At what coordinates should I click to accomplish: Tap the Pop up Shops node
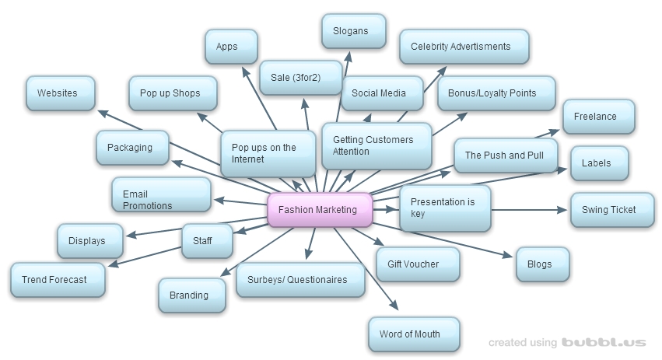click(170, 93)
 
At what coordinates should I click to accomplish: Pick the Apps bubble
click(231, 47)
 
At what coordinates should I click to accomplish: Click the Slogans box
click(353, 31)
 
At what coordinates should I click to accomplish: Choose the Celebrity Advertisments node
click(464, 47)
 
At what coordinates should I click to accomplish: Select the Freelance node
click(597, 117)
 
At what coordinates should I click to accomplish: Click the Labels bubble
click(598, 163)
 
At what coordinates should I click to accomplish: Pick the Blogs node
click(541, 264)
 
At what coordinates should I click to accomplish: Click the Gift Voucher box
click(417, 264)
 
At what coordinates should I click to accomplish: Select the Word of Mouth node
click(413, 334)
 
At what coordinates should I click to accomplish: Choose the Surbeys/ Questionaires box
click(299, 280)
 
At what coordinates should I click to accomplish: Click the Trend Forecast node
click(57, 280)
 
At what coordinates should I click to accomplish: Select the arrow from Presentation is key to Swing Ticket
click(529, 210)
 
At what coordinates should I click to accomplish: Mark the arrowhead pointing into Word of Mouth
click(395, 306)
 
